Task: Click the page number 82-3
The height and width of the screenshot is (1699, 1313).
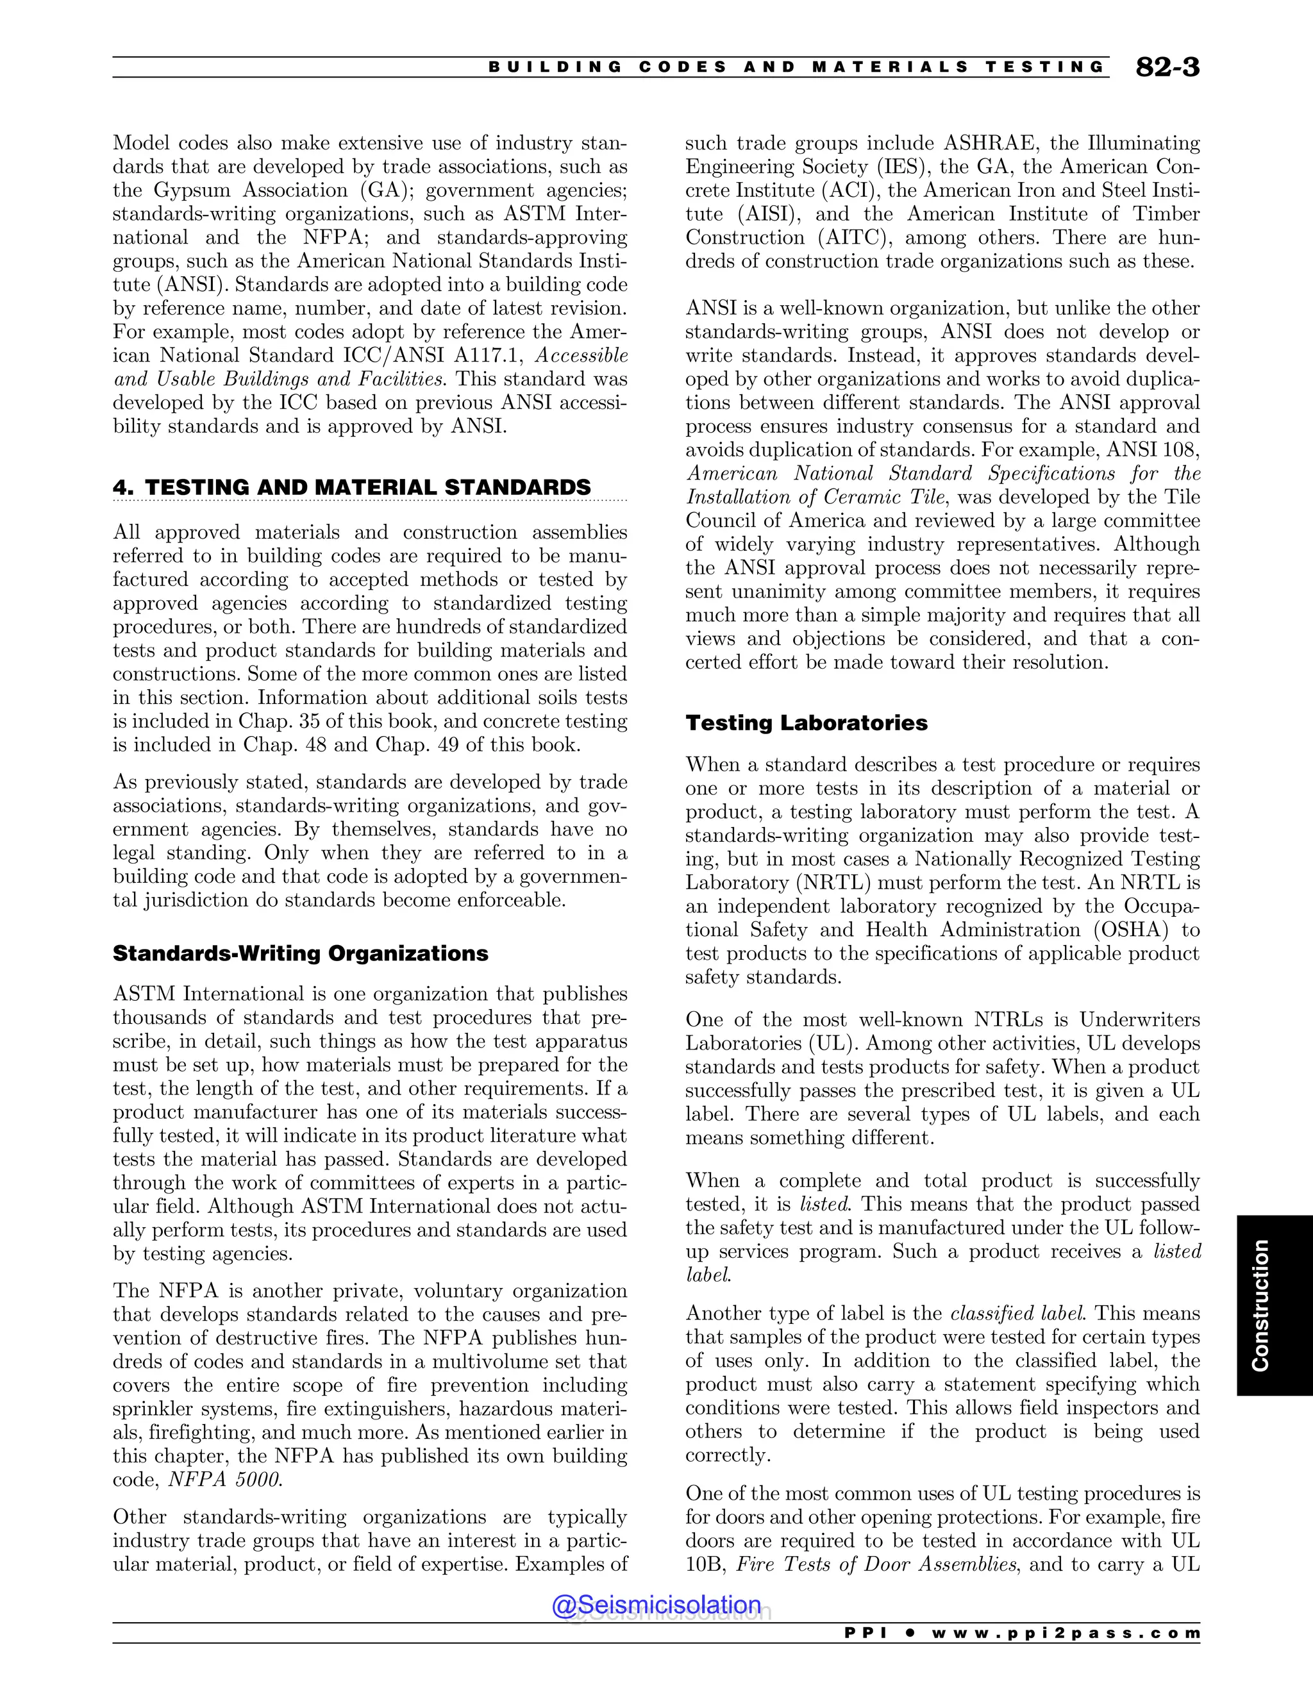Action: tap(1167, 68)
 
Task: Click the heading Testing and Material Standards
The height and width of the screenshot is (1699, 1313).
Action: tap(351, 487)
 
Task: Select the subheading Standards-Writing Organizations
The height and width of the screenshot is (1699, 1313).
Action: tap(300, 954)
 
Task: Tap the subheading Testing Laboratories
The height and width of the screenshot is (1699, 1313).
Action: tap(806, 723)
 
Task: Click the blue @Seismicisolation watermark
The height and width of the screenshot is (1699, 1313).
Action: tap(656, 1605)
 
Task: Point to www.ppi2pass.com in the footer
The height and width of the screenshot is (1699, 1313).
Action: tap(1066, 1633)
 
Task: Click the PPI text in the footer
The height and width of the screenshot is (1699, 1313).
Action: tap(865, 1633)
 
